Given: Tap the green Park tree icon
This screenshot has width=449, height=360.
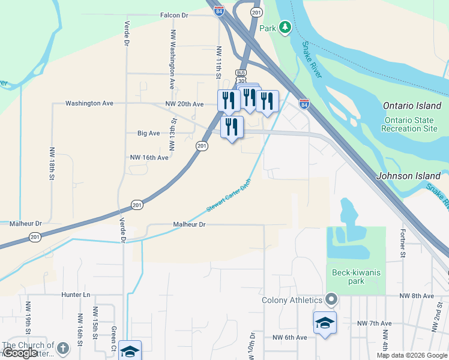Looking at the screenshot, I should (x=285, y=28).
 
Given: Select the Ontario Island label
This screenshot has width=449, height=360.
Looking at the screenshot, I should (x=412, y=106).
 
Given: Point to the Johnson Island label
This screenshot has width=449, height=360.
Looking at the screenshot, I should (x=412, y=176).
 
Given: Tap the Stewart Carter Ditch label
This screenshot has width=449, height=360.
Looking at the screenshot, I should (x=228, y=195).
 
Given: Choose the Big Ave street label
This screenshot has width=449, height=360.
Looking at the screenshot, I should (x=148, y=133).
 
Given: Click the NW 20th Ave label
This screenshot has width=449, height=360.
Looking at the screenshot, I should (x=185, y=104).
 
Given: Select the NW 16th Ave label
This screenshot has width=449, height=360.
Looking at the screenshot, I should (x=149, y=158).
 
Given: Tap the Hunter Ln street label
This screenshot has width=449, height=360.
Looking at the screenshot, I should (x=75, y=295).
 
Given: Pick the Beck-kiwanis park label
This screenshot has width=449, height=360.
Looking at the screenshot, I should (x=357, y=277).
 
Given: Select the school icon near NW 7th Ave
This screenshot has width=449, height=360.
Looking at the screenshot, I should (x=325, y=323).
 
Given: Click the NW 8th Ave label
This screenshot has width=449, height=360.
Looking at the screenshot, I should (x=417, y=296).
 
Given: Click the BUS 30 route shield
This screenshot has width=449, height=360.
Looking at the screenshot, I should (x=241, y=77).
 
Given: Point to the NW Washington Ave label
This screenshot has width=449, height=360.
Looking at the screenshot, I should (x=172, y=59).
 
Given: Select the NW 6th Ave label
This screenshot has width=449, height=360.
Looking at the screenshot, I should (x=290, y=338).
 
